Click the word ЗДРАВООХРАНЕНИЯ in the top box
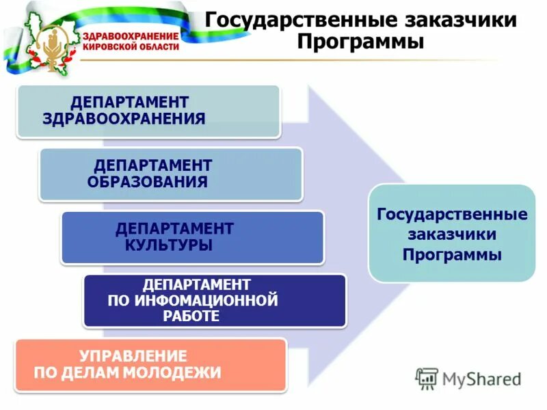click(x=124, y=119)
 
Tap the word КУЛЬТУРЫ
click(x=168, y=245)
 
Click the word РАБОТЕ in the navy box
click(x=191, y=316)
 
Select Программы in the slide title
click(x=360, y=42)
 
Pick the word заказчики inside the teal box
click(x=452, y=234)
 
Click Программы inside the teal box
click(x=452, y=255)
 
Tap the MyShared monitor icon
click(x=427, y=378)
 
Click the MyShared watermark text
click(x=481, y=379)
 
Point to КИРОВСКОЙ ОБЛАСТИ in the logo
click(x=131, y=47)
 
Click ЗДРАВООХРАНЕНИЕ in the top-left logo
click(x=131, y=36)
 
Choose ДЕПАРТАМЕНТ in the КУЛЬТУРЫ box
click(x=174, y=228)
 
